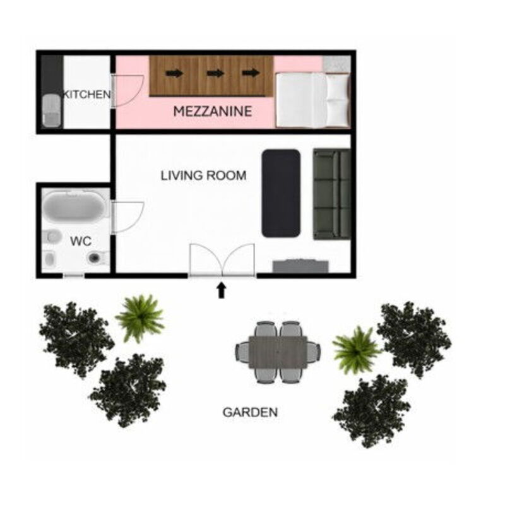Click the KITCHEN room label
[87, 94]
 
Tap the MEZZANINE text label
[213, 112]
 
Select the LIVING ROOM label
[203, 175]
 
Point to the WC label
[81, 241]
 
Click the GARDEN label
[250, 412]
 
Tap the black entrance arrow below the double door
[222, 290]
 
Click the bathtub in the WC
[74, 206]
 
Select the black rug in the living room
[281, 193]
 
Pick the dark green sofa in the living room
[332, 194]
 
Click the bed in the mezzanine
[312, 100]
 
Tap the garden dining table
[278, 352]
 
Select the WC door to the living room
[128, 217]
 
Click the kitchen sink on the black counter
[52, 109]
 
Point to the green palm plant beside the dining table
[356, 350]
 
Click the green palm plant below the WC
[140, 318]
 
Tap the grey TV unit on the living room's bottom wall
[300, 266]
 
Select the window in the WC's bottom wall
[73, 276]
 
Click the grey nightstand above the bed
[336, 64]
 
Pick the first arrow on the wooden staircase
[174, 73]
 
